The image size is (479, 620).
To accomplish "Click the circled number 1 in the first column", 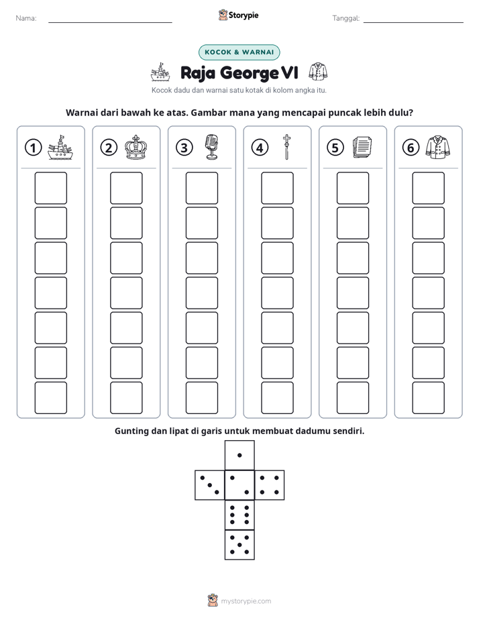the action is [33, 148].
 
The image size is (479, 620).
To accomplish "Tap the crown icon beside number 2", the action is [136, 148].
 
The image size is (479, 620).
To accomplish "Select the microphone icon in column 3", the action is [212, 147].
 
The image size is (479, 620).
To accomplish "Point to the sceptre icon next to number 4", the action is [286, 147].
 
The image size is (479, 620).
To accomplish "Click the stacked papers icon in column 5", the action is [362, 148].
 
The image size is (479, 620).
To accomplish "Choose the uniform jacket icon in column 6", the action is [438, 148].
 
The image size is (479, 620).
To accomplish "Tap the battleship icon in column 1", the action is [60, 148].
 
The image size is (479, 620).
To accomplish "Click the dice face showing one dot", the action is [239, 455].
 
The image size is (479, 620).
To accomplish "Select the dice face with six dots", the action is [239, 515].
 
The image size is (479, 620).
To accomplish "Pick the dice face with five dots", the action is [239, 545].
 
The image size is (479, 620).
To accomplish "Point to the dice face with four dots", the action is [270, 485].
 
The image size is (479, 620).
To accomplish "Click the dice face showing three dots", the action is [209, 485].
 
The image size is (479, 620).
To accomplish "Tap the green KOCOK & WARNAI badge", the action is [239, 52].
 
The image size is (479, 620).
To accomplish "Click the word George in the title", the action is [250, 73].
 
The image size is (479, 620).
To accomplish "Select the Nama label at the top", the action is [26, 18].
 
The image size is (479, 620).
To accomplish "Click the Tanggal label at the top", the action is [346, 18].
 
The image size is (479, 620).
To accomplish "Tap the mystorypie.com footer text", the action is [246, 601].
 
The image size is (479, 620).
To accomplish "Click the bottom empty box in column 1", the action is [50, 398].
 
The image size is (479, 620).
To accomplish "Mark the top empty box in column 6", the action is [429, 188].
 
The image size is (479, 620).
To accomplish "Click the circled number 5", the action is [335, 148].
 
